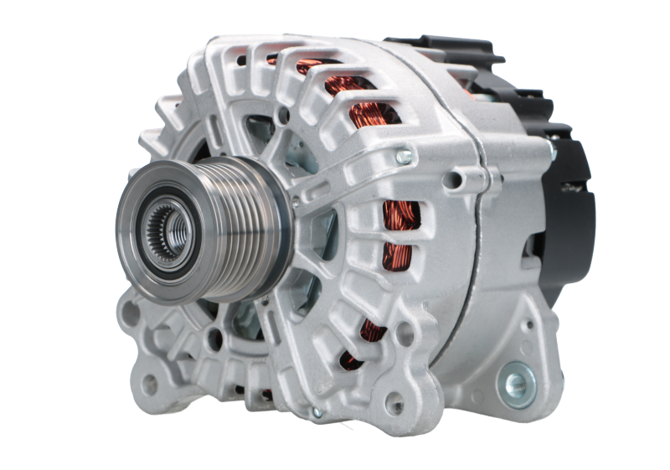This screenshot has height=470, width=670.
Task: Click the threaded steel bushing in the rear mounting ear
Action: pos(512,385)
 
